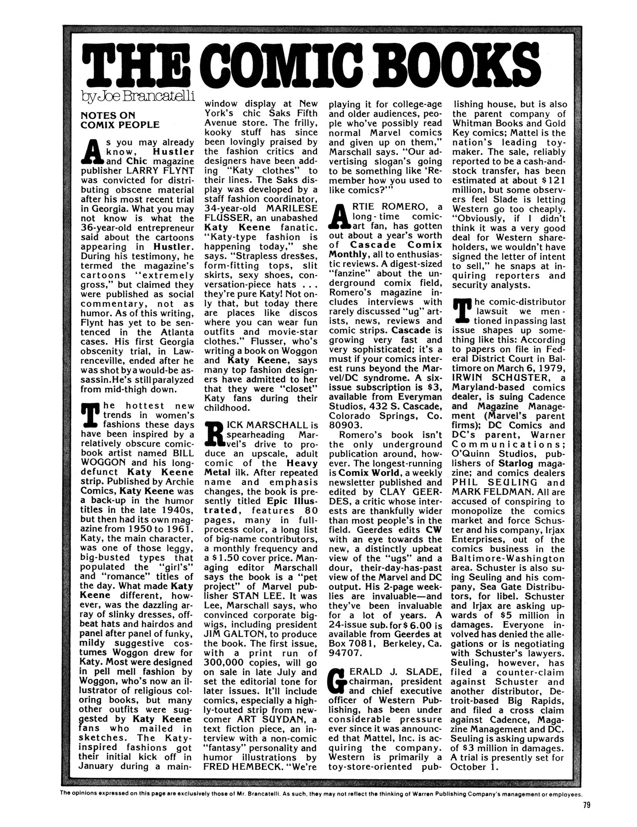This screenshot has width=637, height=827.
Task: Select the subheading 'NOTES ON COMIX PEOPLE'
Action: click(120, 120)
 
